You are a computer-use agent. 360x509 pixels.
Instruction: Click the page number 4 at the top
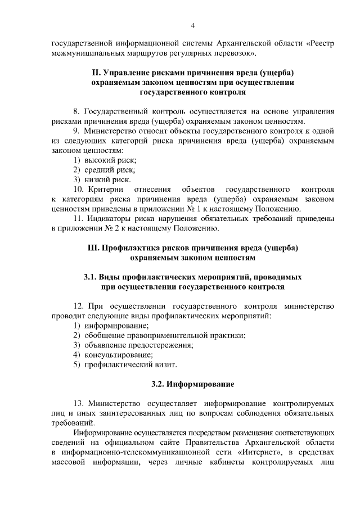tap(192, 25)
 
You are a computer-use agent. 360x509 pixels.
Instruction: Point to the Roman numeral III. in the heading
tap(93, 247)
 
